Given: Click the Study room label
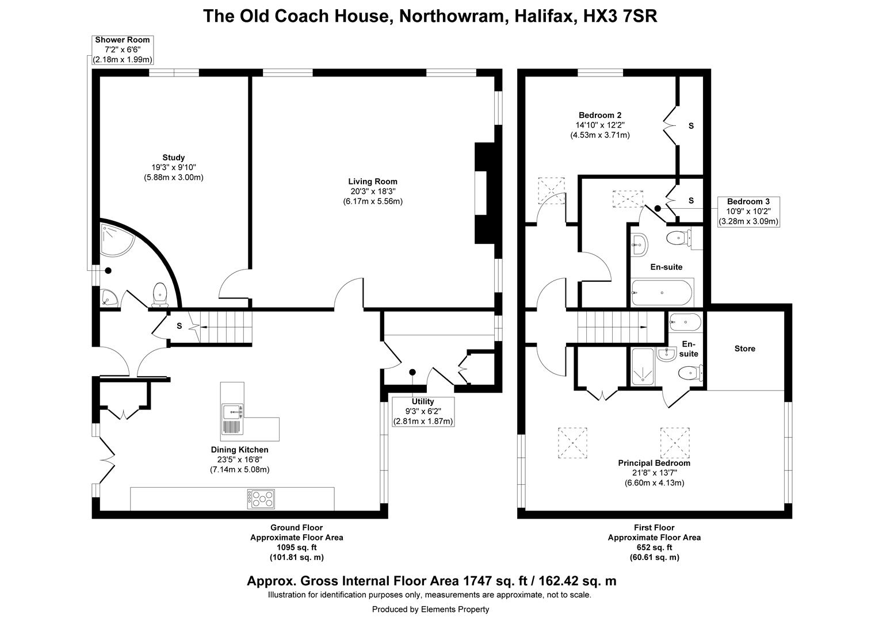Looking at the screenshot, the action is point(174,158).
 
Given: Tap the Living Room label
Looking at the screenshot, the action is point(372,181).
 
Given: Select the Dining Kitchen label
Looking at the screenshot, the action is point(239,450).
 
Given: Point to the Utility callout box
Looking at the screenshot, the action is point(423,412).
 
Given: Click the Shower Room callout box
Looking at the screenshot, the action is point(123,50).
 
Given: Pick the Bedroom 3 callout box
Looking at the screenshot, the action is point(748,212).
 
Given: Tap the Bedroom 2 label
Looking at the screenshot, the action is point(600,115).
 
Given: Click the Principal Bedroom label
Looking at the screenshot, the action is point(654,463).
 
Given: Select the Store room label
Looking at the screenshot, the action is point(745,348).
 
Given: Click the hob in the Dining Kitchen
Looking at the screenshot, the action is point(261,499).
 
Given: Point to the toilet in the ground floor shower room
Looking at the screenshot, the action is point(160,295).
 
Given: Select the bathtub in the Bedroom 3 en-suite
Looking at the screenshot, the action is point(662,293).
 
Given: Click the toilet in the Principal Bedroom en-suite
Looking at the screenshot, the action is point(691,373).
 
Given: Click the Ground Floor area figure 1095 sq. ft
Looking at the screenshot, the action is point(297,547).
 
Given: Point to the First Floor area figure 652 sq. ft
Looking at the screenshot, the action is point(654,547).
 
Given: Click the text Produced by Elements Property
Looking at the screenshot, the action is point(430,609).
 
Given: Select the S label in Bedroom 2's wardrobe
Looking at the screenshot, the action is point(691,126).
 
